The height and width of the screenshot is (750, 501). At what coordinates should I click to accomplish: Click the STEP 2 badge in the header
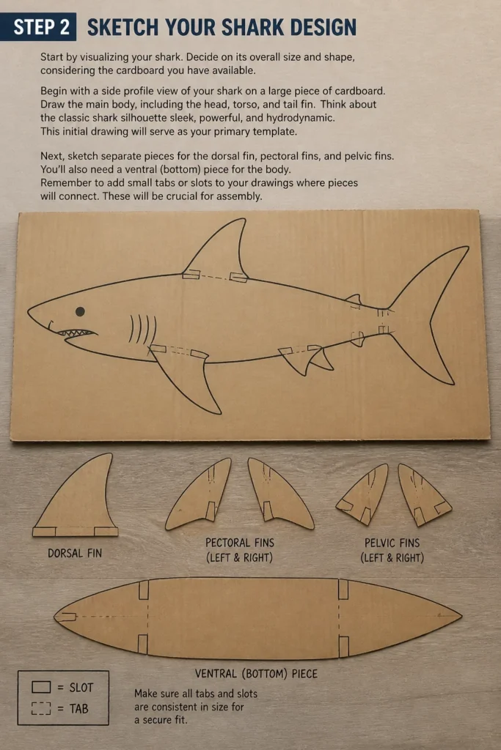tap(38, 27)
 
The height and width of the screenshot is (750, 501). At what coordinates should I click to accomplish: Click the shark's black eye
tap(80, 312)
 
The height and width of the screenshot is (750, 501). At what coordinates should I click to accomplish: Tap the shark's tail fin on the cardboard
tap(431, 316)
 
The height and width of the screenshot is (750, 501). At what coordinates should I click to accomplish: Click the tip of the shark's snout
tap(28, 311)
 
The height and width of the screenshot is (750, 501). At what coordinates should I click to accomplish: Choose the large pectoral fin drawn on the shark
tap(184, 378)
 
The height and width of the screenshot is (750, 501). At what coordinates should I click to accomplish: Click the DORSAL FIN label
tap(75, 554)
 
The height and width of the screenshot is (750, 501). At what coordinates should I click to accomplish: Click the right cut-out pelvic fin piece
tap(422, 495)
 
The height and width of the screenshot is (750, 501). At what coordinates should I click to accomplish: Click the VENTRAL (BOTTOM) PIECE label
tap(256, 674)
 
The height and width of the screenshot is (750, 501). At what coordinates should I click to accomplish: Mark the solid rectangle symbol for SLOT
tap(41, 687)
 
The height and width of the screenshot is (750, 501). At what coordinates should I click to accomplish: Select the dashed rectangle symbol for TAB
tap(41, 708)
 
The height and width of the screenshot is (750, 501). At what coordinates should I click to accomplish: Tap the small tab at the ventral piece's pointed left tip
tap(66, 617)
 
